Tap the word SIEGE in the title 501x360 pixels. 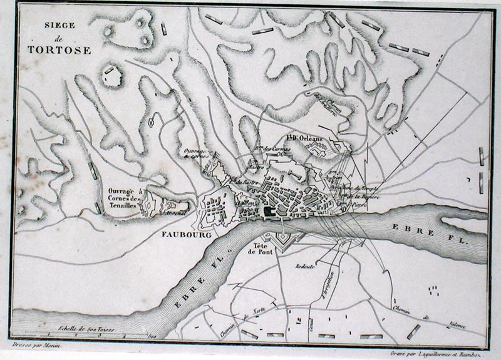59,26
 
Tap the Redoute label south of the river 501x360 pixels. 306,265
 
